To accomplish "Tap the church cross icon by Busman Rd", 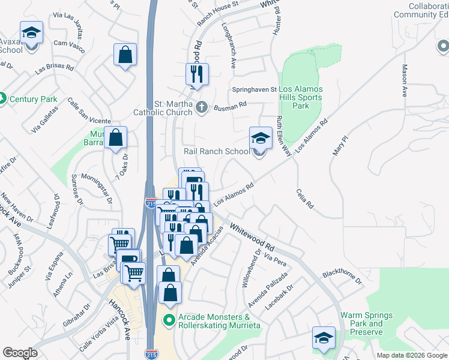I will coord(202,108).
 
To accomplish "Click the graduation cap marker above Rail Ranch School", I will coord(261,137).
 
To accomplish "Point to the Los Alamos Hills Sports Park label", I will coord(300,97).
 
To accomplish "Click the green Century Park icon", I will coord(2,98).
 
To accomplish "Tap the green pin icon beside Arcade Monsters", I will coord(169,320).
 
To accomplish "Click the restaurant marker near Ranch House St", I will coord(197,74).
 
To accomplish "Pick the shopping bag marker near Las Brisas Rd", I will coord(124,55).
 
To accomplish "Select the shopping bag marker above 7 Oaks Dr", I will coord(115,137).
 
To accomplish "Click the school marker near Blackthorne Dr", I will coord(324,338).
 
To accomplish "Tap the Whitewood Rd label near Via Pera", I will coord(252,238).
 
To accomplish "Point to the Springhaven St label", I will coord(255,89).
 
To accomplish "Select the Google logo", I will coord(20,353).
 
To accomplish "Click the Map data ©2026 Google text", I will coord(411,355).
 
